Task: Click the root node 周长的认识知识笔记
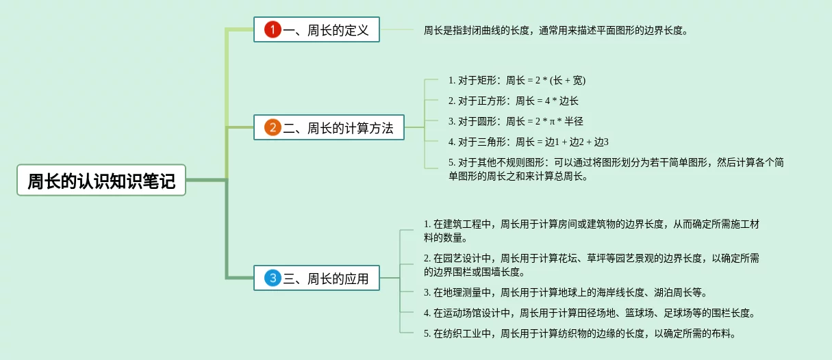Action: (x=101, y=181)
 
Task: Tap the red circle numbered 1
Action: (x=273, y=29)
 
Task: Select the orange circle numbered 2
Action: (x=273, y=127)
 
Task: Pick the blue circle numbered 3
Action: (x=273, y=278)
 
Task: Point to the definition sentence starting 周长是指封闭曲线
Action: (x=555, y=30)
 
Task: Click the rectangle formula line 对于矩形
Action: (x=517, y=81)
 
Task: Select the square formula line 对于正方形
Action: (x=514, y=101)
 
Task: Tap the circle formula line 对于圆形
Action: (x=516, y=122)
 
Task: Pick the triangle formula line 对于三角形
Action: (x=528, y=142)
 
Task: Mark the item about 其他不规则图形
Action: (x=616, y=169)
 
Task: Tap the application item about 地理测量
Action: (x=565, y=293)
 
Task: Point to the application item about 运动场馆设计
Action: (x=590, y=313)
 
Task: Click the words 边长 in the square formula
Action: (x=568, y=101)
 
